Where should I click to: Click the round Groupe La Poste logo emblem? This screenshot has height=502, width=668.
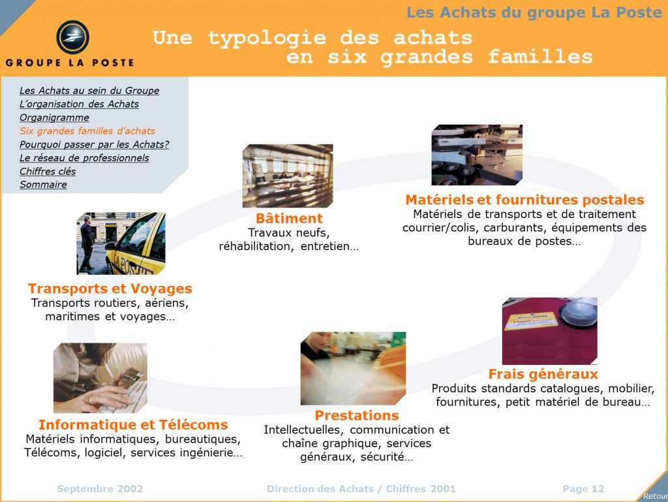(73, 37)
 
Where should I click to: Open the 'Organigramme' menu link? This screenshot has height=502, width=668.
(55, 118)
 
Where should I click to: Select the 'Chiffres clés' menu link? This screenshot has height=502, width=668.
(48, 171)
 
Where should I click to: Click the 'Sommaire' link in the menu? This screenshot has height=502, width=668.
(43, 185)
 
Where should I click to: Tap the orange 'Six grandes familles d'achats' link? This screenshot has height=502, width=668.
(87, 131)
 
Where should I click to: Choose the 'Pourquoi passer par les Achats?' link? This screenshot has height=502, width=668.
(94, 144)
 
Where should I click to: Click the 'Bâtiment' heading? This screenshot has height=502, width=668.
(289, 218)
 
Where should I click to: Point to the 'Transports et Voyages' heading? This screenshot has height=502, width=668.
(110, 289)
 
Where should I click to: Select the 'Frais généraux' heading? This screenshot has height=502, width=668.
(543, 374)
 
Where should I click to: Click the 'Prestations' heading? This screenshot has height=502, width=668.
(357, 415)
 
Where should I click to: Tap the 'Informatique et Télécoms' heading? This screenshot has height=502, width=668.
(133, 424)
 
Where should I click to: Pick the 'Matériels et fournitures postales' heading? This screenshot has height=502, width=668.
(525, 200)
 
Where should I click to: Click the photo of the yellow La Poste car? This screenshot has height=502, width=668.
(121, 243)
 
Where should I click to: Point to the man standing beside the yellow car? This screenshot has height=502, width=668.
(87, 243)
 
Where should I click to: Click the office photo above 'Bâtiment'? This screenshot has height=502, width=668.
(288, 176)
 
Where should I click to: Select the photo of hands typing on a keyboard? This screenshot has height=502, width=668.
(100, 377)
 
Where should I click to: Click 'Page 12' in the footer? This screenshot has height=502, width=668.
(583, 489)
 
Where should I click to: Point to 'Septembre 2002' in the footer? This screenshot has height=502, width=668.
(100, 489)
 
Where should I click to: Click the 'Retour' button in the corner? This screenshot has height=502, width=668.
(655, 495)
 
